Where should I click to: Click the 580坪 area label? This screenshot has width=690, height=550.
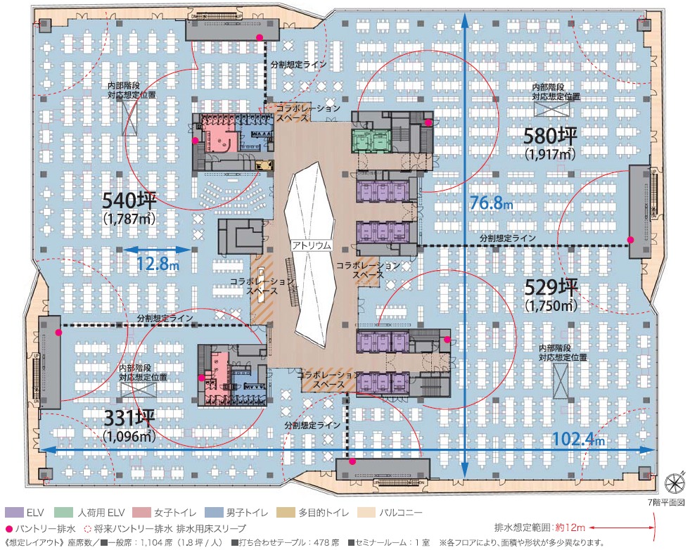(x=549, y=136)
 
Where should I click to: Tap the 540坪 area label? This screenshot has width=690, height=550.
(x=129, y=200)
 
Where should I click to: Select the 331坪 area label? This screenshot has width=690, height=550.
(x=129, y=418)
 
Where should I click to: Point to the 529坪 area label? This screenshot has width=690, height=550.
(x=551, y=288)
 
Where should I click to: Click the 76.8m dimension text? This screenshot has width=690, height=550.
(x=491, y=203)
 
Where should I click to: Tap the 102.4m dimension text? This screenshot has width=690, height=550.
(x=578, y=439)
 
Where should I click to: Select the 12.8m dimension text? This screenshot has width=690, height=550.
(x=157, y=264)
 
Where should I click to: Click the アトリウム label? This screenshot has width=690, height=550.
(x=312, y=245)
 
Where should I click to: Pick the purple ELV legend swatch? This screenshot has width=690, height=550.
(x=13, y=513)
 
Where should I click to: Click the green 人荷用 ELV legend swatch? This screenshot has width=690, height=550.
(x=63, y=513)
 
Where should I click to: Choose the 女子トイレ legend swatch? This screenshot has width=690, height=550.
(x=140, y=513)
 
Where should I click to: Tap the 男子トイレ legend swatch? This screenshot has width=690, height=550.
(x=212, y=513)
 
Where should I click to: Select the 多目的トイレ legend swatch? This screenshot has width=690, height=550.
(x=286, y=513)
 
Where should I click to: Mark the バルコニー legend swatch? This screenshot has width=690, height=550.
(x=366, y=513)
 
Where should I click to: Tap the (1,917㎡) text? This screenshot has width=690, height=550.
(x=549, y=153)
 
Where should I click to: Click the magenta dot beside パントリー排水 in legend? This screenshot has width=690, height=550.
(x=9, y=529)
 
